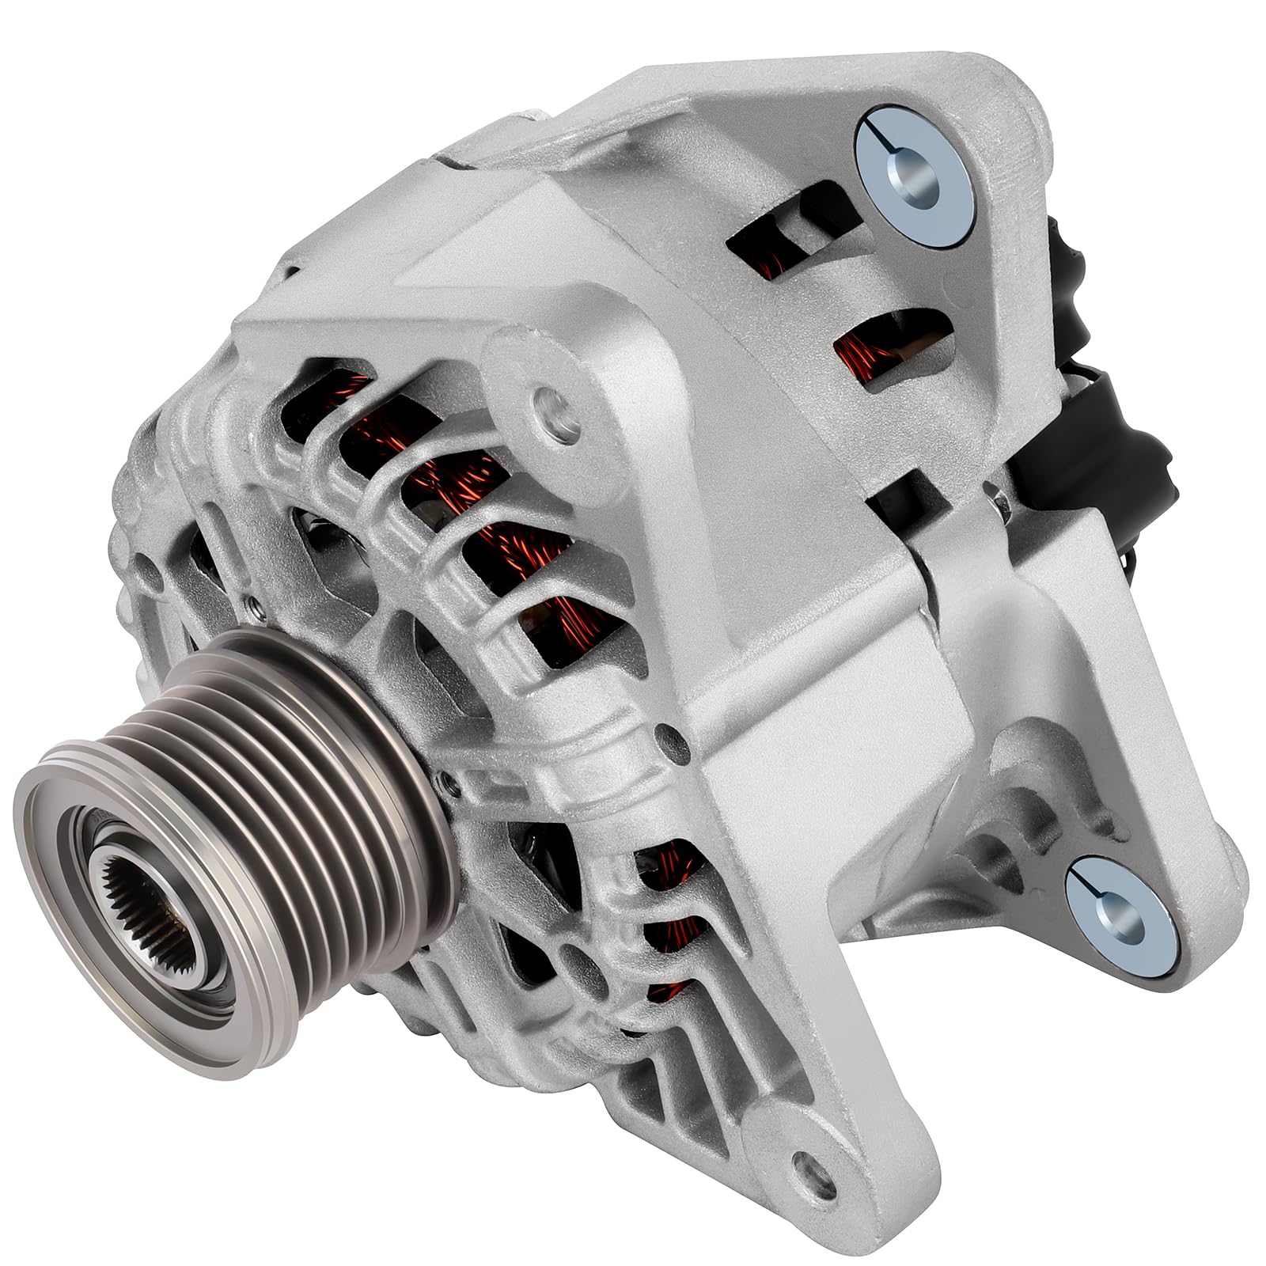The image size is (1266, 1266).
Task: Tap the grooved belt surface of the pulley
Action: pyautogui.click(x=261, y=760)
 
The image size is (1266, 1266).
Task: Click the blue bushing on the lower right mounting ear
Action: pyautogui.click(x=1116, y=908)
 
